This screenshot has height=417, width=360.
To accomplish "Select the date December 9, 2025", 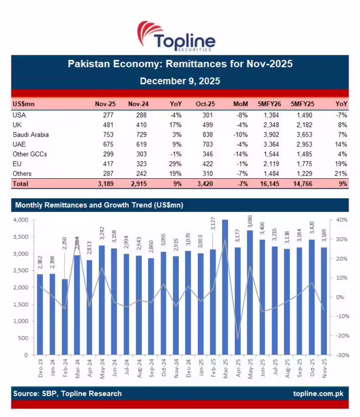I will tap(180, 81).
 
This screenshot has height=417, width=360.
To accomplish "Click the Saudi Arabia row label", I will tap(30, 134).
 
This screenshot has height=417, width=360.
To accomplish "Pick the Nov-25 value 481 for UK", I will tap(108, 125).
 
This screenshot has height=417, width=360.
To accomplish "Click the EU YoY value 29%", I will tap(175, 164).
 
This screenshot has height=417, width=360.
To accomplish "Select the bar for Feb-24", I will tap(65, 316).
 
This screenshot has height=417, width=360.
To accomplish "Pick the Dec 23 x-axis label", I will tap(39, 369).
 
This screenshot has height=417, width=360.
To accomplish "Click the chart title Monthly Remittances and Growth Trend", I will tap(99, 205).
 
